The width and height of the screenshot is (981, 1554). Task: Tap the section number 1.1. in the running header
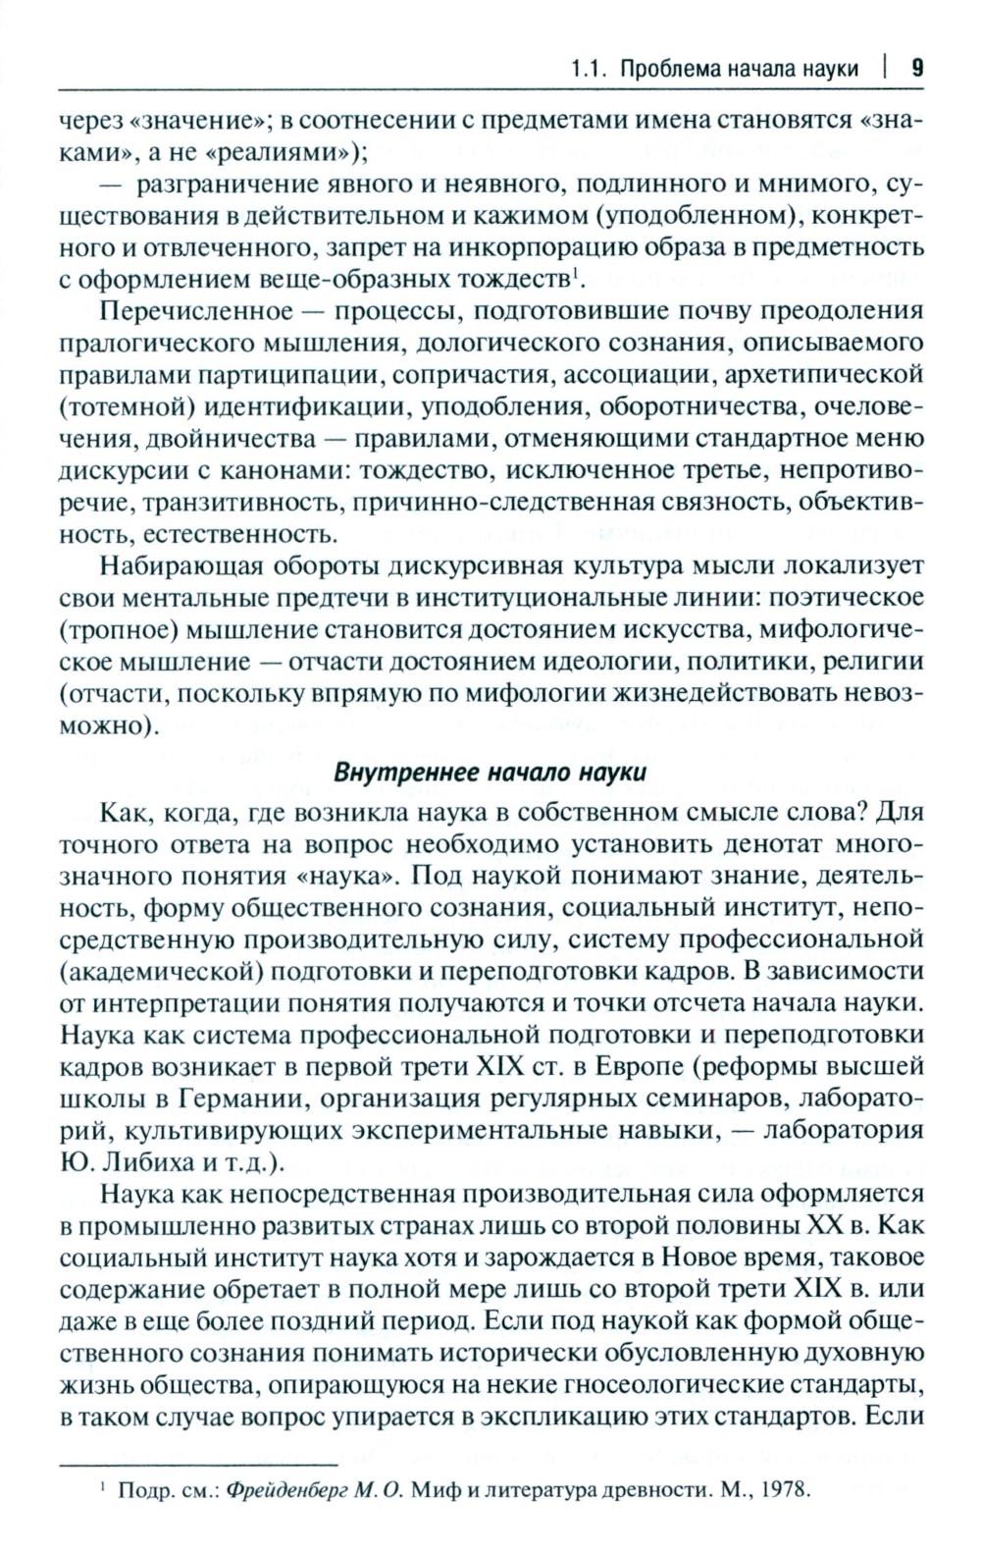coord(589,69)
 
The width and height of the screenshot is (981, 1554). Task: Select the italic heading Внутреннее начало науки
coord(490,771)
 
